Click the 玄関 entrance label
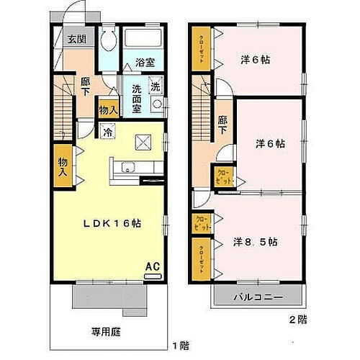[x=77, y=40]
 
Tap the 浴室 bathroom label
[x=145, y=62]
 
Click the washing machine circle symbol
[x=157, y=104]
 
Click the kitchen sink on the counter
[x=128, y=169]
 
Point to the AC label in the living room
[x=152, y=266]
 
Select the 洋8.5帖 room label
[x=256, y=242]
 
